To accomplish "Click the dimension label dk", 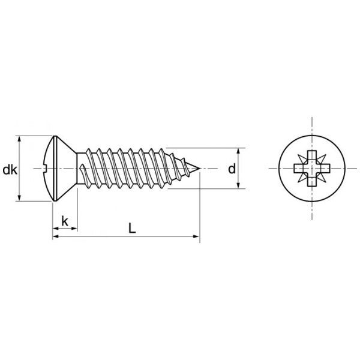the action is pos(10,170).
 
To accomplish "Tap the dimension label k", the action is pos(65,221).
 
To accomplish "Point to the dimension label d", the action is pos(232,169).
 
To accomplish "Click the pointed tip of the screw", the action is pos(199,169).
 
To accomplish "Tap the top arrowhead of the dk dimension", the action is pos(19,139).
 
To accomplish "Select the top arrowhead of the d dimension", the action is pos(238,151).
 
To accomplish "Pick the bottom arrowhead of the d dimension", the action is pos(238,185).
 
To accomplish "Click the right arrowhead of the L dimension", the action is pos(196,236).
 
